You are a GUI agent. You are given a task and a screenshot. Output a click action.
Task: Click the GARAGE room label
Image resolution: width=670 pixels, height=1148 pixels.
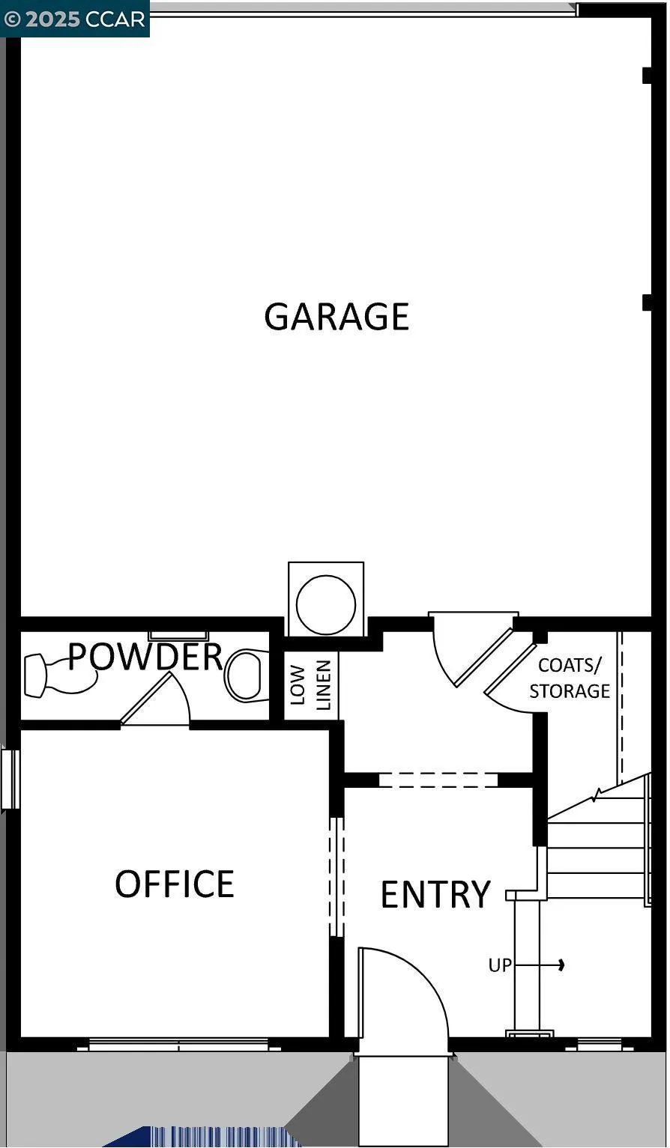pos(336,316)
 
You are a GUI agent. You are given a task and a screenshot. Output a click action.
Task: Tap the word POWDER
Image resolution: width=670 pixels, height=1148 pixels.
pos(145,656)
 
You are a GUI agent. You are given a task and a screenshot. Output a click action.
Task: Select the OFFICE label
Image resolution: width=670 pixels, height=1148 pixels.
pos(174,884)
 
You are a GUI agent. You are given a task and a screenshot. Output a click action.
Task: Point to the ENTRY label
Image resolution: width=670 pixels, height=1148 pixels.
pos(435,894)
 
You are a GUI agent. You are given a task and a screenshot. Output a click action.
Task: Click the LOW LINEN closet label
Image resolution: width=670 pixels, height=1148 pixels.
pos(310,684)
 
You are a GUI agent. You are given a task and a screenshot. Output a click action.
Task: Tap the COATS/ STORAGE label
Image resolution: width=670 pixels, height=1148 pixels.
pos(570,678)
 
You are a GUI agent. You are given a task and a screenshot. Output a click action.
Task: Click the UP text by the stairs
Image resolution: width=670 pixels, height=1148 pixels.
pos(500,965)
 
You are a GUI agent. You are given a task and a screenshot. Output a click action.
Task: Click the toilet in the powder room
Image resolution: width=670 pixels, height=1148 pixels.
pos(247,675)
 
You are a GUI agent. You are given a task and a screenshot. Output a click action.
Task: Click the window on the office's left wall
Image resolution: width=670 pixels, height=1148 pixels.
pos(10,779)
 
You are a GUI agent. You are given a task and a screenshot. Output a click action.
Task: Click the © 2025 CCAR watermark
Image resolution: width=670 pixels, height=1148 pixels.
pos(75,19)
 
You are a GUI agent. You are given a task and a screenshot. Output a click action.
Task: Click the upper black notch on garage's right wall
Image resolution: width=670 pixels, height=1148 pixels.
pos(646,76)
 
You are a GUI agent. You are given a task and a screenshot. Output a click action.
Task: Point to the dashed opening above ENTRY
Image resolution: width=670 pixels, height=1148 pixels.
pos(438,780)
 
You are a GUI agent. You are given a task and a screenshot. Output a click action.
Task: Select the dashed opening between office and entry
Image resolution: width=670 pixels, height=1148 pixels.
pos(336,876)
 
